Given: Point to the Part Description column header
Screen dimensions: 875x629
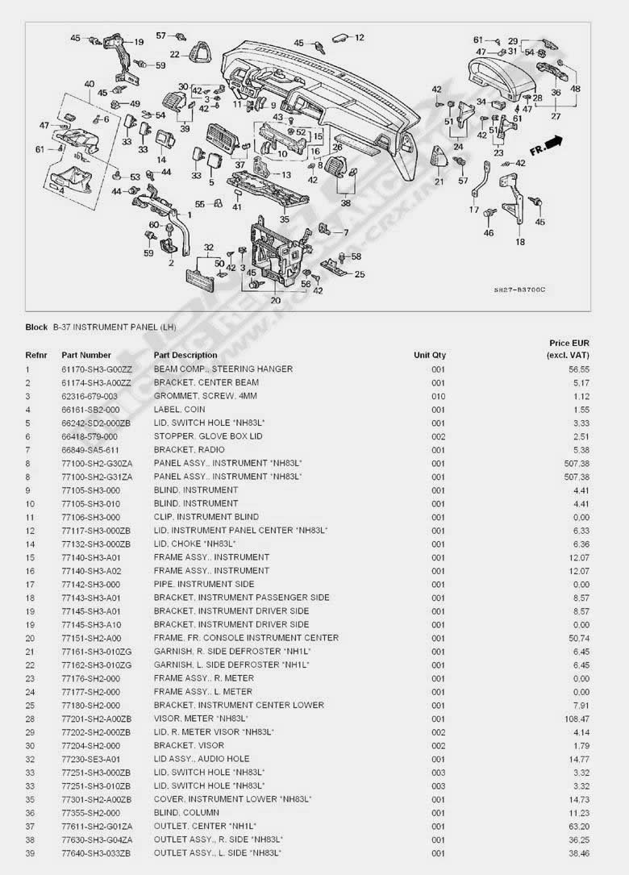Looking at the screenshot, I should (x=185, y=355).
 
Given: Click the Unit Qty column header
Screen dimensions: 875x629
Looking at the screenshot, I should (x=429, y=355).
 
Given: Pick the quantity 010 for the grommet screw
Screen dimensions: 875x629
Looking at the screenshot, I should (x=438, y=396).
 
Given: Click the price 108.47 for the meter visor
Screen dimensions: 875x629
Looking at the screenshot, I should (x=576, y=719).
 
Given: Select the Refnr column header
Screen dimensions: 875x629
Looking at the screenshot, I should (x=36, y=355).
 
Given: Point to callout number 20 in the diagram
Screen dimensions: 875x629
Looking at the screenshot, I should (x=275, y=300).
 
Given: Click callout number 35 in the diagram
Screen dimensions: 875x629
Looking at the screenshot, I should (x=284, y=219).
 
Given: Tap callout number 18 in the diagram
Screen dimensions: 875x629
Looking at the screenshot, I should (x=520, y=241).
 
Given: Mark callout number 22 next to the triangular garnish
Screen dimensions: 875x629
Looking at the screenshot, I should (x=174, y=54).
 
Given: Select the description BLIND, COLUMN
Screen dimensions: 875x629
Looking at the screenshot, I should (x=182, y=812).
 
